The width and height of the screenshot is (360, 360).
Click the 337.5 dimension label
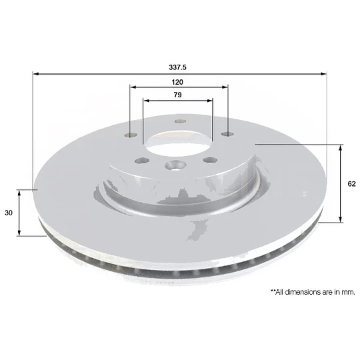coord(177,67)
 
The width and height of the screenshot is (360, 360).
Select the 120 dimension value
coord(177,82)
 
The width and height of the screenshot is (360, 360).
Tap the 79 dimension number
coord(177,95)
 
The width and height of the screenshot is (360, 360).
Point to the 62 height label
coord(351,184)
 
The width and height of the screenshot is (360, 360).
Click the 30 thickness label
coord(9,213)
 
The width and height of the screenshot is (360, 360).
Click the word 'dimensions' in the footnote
coord(302,292)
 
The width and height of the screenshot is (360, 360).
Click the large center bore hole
coord(179,143)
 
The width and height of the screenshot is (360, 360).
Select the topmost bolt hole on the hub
coord(180,121)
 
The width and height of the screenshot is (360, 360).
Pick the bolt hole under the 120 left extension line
coord(131,135)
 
